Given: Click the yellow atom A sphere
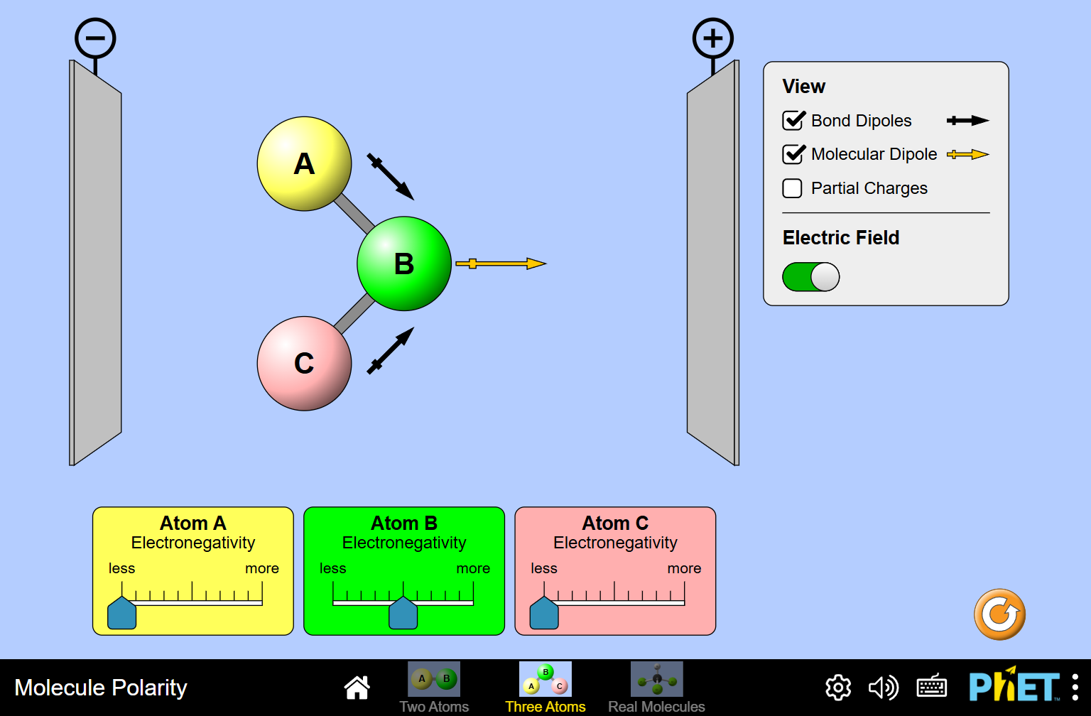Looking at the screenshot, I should click(x=304, y=164).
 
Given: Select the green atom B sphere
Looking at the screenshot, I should click(x=403, y=264).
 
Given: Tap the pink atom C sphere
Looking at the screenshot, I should click(x=304, y=363).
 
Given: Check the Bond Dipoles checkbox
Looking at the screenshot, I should click(x=793, y=121).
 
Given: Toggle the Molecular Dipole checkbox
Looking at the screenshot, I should click(x=793, y=154).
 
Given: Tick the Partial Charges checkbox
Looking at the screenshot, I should click(x=792, y=188).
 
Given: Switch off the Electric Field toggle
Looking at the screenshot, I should click(x=811, y=277).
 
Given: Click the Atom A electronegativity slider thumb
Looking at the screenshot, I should click(x=121, y=613).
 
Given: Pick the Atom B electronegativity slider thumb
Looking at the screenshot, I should click(x=403, y=613).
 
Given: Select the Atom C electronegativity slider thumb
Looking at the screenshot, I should click(x=544, y=613).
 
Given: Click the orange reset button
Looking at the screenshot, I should click(x=999, y=614).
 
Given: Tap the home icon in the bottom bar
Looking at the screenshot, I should click(x=357, y=687).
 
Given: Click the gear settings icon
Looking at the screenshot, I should click(x=838, y=688).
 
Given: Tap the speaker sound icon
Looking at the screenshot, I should click(x=883, y=688).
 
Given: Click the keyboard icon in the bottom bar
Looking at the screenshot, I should click(x=931, y=687).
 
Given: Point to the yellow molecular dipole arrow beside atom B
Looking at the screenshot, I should click(x=500, y=264).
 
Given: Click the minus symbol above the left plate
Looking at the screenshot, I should click(x=95, y=38).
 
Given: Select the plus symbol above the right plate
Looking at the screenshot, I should click(x=712, y=38).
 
